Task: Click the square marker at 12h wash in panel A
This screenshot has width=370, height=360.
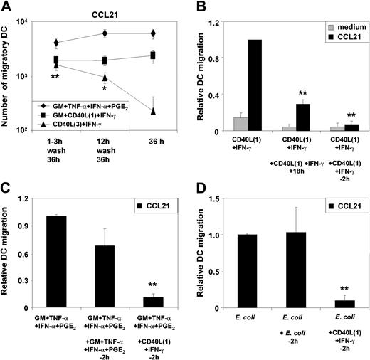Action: pos(105,60)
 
